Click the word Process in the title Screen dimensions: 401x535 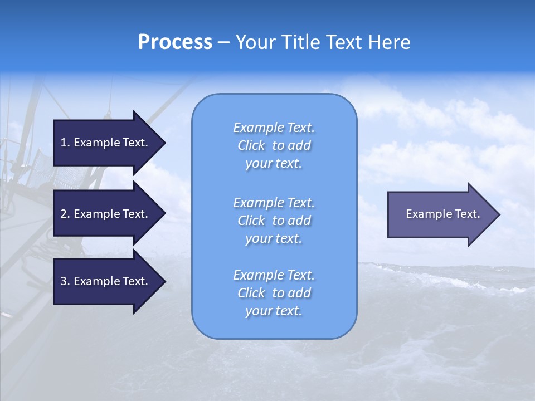(x=175, y=42)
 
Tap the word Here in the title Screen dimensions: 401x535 (x=388, y=42)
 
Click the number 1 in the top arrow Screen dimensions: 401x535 (x=64, y=143)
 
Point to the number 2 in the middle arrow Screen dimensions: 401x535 (x=64, y=214)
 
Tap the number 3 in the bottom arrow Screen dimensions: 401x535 (x=64, y=281)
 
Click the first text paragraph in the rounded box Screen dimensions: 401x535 (x=274, y=145)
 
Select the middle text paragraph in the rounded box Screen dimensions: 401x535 (x=274, y=221)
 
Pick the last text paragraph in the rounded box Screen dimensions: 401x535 (x=274, y=293)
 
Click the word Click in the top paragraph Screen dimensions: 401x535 (x=251, y=145)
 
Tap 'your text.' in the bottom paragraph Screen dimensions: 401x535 (x=274, y=311)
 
